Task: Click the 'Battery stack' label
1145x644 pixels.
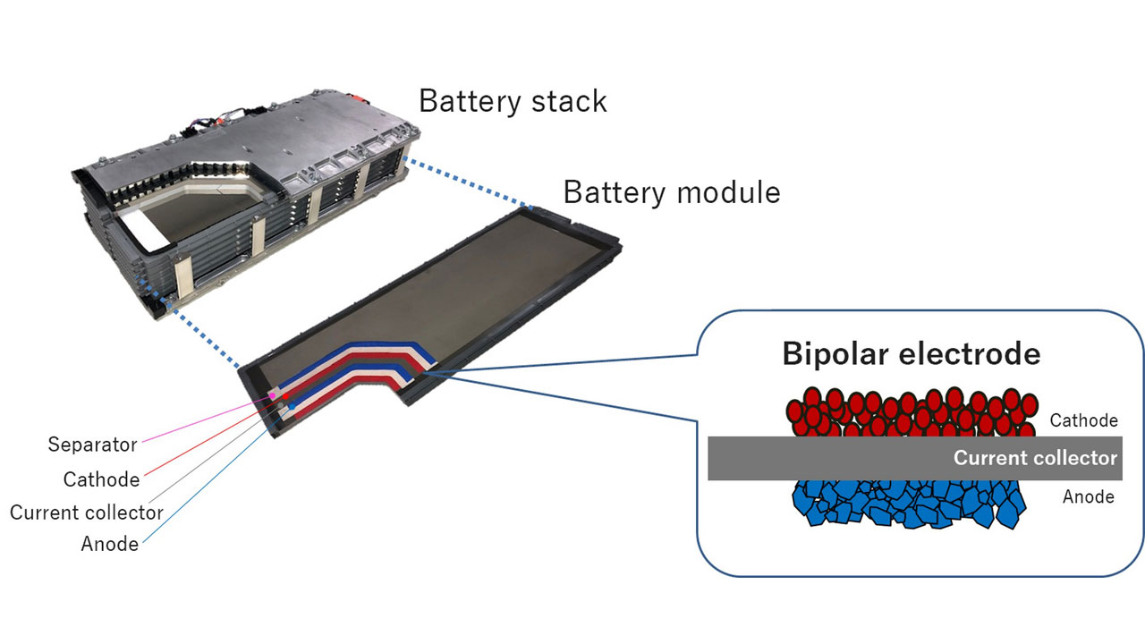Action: click(x=513, y=101)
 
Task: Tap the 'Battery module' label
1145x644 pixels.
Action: click(x=672, y=192)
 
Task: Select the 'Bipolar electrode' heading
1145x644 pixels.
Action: click(x=912, y=353)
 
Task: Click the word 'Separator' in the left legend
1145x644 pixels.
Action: click(x=92, y=445)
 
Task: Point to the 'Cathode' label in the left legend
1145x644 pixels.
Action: click(x=101, y=479)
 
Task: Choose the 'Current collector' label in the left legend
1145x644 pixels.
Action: click(x=87, y=513)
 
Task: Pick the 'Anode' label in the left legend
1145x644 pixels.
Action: click(x=110, y=544)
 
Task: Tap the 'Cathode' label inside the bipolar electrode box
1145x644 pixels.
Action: click(x=1083, y=420)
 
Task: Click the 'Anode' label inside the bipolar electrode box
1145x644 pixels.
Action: click(x=1089, y=496)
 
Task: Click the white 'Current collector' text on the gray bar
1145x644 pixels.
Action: click(x=1035, y=458)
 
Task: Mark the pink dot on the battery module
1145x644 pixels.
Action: click(x=273, y=395)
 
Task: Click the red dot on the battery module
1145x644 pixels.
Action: click(x=285, y=396)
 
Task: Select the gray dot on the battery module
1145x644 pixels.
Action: click(x=280, y=405)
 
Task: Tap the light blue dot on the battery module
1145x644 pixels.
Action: click(x=292, y=407)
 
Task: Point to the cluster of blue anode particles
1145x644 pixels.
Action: click(x=909, y=504)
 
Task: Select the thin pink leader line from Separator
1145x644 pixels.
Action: click(x=207, y=419)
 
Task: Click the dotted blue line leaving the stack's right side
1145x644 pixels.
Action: click(x=468, y=183)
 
